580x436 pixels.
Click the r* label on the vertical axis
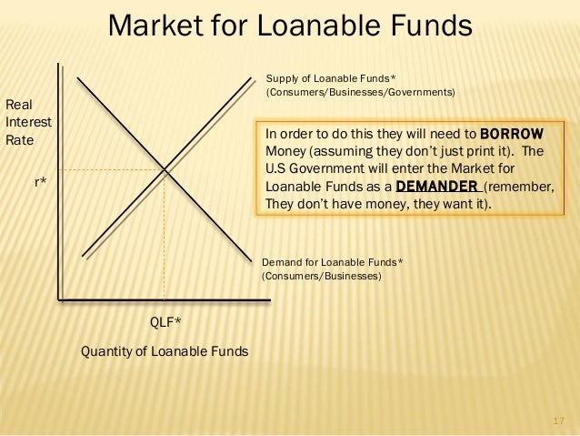click(41, 183)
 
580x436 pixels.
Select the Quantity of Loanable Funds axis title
click(165, 350)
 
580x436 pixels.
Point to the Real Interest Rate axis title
click(28, 123)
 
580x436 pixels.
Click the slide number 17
click(559, 421)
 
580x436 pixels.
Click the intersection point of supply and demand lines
click(164, 168)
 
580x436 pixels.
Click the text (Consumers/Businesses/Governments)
click(360, 93)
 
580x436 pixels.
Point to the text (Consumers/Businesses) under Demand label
click(322, 276)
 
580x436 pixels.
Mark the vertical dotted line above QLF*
click(164, 237)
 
